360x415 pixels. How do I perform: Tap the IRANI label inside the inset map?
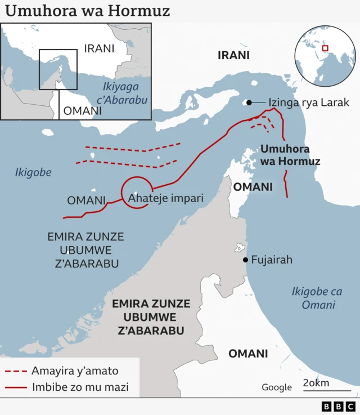coord(99,48)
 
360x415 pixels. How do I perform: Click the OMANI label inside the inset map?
coord(83,111)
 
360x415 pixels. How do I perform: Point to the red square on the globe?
coord(325,48)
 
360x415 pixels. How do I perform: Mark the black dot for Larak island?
coord(247,102)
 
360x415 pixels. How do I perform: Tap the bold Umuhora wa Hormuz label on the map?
coord(290,155)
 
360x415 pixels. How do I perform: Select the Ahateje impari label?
coord(165,198)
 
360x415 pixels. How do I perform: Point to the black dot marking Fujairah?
coord(245,260)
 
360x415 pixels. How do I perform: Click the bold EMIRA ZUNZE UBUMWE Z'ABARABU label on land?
coord(151,317)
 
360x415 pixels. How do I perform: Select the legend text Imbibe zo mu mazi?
coord(80,387)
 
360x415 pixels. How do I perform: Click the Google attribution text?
coord(277,387)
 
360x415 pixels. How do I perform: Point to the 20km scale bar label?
coord(317,383)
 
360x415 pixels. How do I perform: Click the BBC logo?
coord(339,406)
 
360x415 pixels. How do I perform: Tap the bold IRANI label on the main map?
coord(233,55)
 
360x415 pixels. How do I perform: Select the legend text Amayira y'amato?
coord(75,371)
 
